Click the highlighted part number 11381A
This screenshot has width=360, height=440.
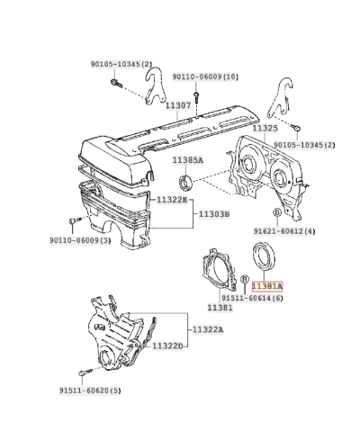tap(266, 285)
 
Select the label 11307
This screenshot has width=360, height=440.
tap(176, 105)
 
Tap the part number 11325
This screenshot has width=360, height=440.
tap(265, 129)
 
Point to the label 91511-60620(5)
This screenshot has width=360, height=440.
tap(90, 391)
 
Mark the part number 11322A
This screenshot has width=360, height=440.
tap(208, 330)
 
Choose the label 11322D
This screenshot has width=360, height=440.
tap(166, 346)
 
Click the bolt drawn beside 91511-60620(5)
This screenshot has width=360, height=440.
tap(84, 371)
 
